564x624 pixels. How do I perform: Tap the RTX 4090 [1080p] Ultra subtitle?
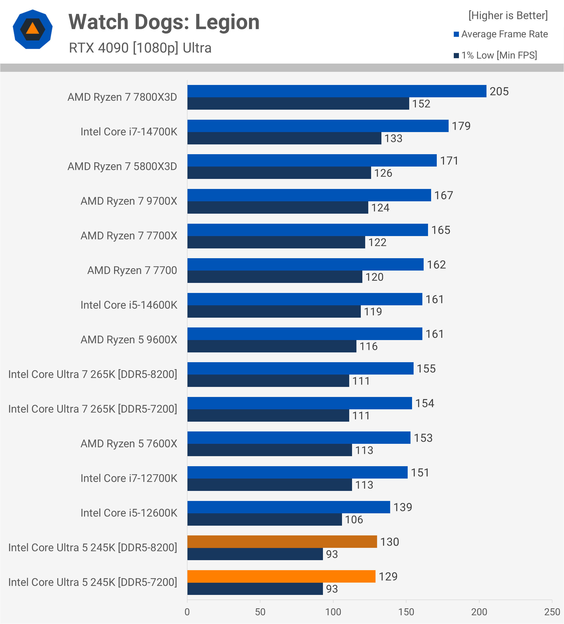140,48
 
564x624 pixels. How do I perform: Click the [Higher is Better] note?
508,15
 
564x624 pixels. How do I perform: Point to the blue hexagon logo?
32,29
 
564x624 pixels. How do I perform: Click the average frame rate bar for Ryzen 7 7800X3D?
337,91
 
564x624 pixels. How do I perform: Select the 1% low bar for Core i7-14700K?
284,138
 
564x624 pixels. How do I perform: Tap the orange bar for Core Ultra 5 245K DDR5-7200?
281,576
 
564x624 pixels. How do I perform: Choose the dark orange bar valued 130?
282,542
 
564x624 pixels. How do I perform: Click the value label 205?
499,92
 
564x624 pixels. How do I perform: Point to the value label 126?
383,173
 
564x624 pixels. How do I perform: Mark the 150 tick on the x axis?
406,612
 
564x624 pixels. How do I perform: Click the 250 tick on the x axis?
552,612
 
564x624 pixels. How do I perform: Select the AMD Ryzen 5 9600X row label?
129,340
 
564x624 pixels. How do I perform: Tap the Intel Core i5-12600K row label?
129,513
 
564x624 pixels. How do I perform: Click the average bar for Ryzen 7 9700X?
309,195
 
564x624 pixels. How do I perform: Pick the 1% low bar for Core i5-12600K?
264,519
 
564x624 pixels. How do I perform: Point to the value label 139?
403,507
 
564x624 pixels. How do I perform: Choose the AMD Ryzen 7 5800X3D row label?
122,167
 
